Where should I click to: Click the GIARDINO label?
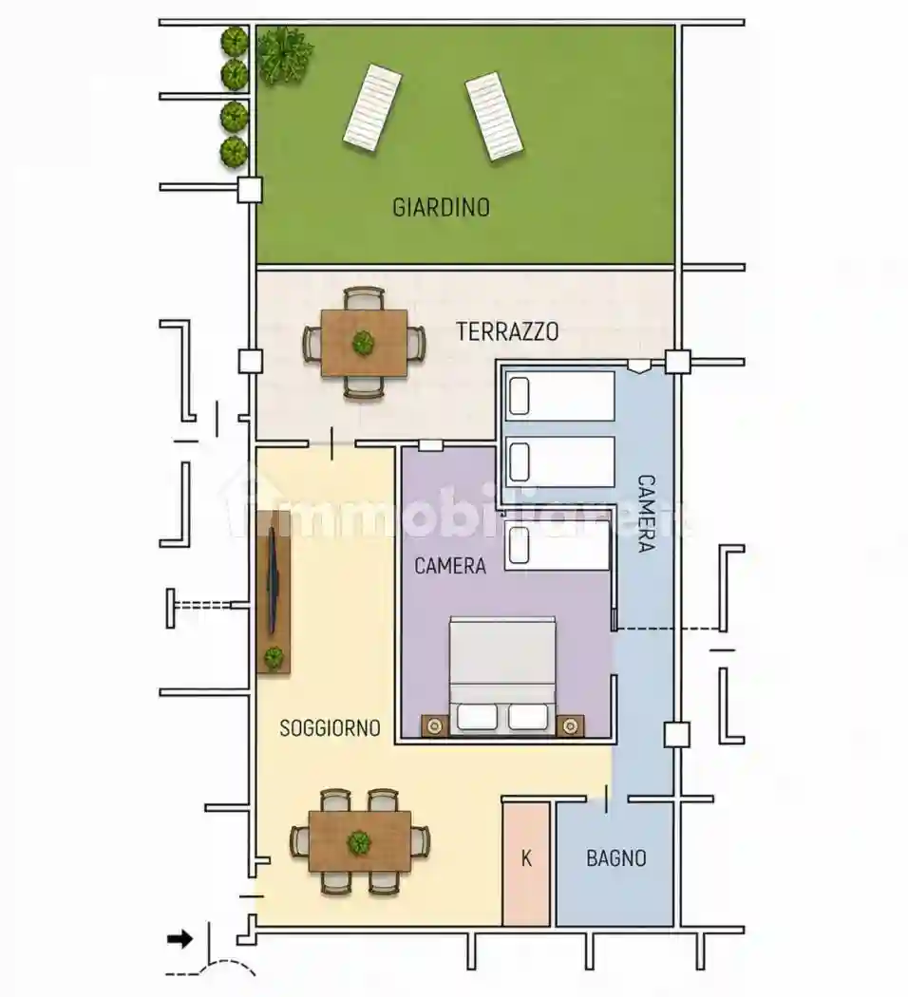click(442, 207)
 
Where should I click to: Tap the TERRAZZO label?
click(507, 331)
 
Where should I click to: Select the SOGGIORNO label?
click(330, 728)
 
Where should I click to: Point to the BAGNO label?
click(616, 858)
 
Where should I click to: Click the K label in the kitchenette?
click(526, 858)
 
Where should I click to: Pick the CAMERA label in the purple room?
click(450, 565)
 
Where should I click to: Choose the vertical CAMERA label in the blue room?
click(646, 513)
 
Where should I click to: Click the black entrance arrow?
click(180, 938)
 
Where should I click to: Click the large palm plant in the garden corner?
click(284, 53)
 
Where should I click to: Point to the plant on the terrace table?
click(364, 344)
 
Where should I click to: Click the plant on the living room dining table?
click(359, 842)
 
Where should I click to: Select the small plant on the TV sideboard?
click(274, 657)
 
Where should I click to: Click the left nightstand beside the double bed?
click(435, 724)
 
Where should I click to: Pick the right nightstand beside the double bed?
click(571, 724)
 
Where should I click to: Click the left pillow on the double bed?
click(477, 717)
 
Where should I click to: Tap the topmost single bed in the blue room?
click(560, 396)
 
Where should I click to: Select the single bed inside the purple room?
click(557, 545)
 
